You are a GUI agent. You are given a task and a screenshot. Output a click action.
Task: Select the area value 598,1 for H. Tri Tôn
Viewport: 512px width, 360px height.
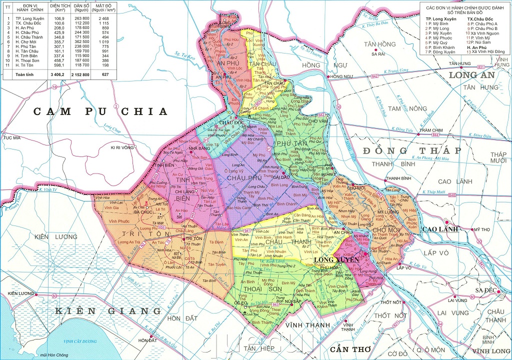[58, 64]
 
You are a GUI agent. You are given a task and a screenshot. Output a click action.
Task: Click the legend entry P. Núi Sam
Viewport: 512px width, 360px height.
[484, 42]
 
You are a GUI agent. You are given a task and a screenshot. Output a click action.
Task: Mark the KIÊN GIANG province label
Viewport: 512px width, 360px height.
[108, 311]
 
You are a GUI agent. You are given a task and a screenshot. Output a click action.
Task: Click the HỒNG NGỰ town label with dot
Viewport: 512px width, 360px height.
[341, 76]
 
